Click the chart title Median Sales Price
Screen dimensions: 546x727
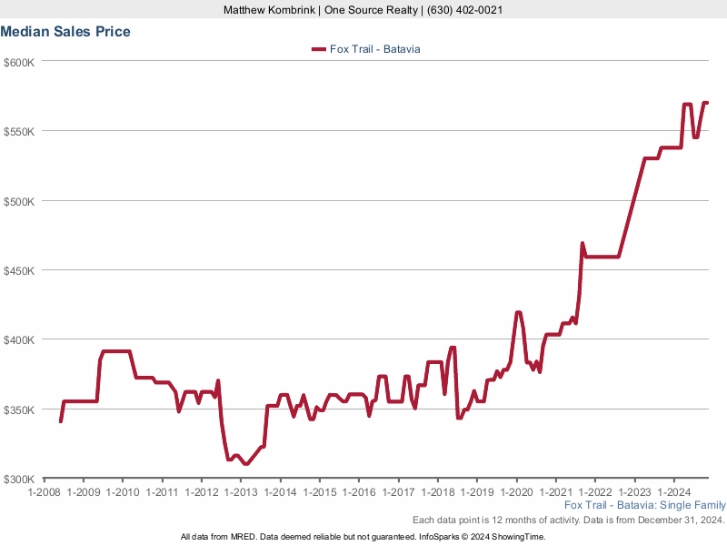coord(65,32)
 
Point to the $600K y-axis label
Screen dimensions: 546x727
coord(19,62)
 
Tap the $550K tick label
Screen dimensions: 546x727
coord(19,131)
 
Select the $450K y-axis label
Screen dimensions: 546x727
coord(19,270)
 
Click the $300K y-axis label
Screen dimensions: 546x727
coord(19,479)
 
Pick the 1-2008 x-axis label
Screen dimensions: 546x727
coord(44,492)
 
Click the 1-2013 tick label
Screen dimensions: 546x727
coord(241,492)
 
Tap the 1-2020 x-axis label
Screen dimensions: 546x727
coord(516,492)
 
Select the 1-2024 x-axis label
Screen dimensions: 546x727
coord(673,492)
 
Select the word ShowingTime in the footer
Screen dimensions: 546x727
coord(517,537)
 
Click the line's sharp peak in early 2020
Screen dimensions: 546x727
coord(518,312)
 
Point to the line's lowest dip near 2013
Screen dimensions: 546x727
coord(245,464)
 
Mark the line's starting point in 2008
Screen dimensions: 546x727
coord(61,421)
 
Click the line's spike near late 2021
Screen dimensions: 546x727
coord(583,243)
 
